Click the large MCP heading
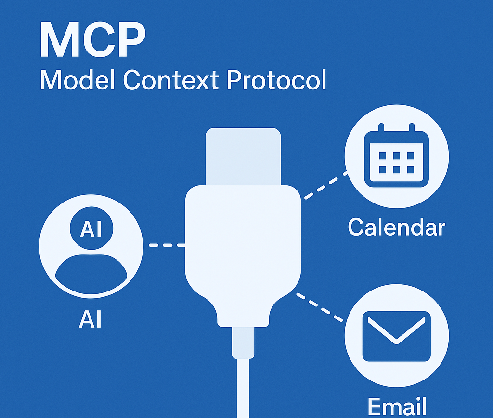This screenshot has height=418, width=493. pos(93,39)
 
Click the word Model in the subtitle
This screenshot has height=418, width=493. pos(78,80)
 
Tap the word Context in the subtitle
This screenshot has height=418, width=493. pos(171,80)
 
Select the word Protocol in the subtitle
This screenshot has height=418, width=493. pos(277,80)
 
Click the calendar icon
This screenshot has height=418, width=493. pos(397,155)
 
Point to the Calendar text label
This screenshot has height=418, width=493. pos(397,227)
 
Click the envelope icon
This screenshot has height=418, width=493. pos(397,336)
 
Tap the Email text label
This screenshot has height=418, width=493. pos(397,406)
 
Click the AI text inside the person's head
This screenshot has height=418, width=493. pos(91,228)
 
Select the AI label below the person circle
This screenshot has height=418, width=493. pos(90,319)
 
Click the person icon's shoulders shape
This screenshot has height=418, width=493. pos(91,274)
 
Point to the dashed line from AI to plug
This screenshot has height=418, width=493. pos(167,245)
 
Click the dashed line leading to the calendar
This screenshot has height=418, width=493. pos(325,185)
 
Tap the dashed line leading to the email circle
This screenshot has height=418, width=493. pos(320,307)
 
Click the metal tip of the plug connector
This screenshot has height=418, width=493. pos(243,156)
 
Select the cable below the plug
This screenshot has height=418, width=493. pos(243,388)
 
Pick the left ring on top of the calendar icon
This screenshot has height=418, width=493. pos(381,127)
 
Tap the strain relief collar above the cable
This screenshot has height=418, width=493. pos(243,342)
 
